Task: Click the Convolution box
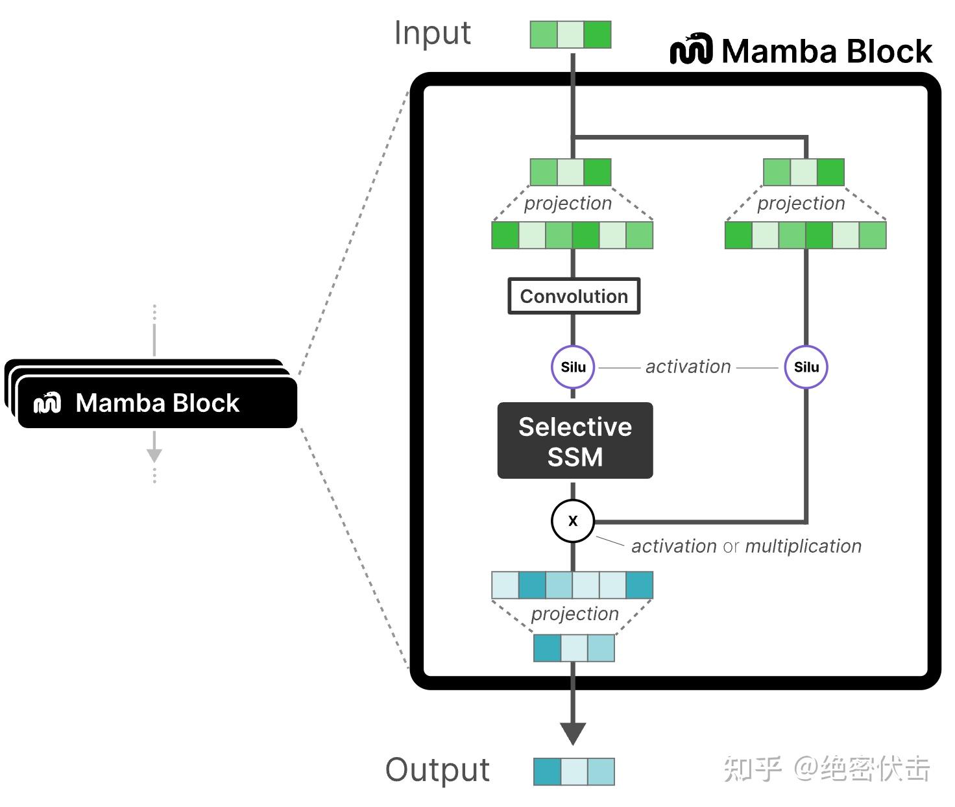(x=574, y=296)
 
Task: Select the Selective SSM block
(x=575, y=441)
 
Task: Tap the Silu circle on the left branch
(x=573, y=367)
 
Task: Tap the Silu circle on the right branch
(x=806, y=367)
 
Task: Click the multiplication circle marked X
(x=573, y=521)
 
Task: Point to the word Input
(x=433, y=34)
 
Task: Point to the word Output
(x=438, y=770)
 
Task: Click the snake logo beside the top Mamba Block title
(x=691, y=50)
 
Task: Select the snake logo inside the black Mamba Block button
(x=47, y=403)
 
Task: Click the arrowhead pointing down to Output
(x=573, y=734)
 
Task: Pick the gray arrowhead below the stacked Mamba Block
(x=154, y=455)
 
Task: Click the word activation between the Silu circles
(x=688, y=367)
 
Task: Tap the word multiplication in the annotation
(x=803, y=546)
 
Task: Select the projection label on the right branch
(x=801, y=204)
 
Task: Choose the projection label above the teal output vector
(x=575, y=614)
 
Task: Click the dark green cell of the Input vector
(x=598, y=35)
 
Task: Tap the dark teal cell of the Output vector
(x=547, y=772)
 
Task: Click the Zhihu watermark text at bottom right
(x=827, y=769)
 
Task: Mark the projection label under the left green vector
(x=568, y=204)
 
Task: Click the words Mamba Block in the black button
(x=158, y=403)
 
